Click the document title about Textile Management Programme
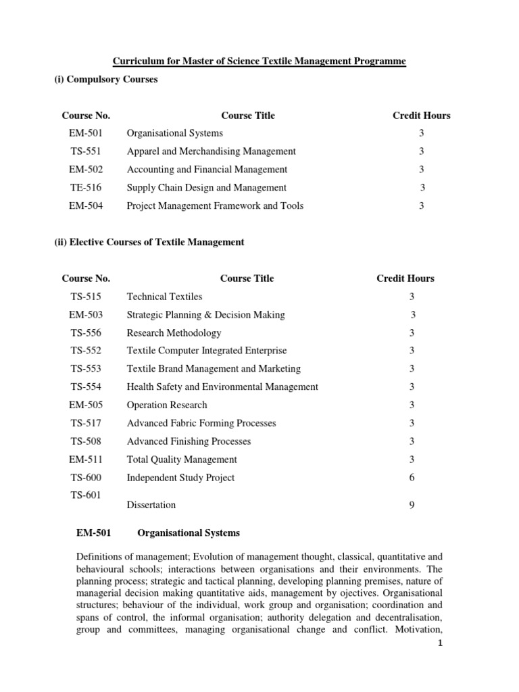coord(259,61)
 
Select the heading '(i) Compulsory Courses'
coord(105,80)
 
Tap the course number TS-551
coord(86,151)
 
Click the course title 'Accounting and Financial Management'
coord(207,170)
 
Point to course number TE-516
coord(86,188)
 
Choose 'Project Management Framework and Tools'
coord(215,205)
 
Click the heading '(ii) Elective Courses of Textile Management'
coord(149,242)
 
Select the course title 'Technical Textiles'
coord(164,297)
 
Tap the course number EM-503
coord(86,315)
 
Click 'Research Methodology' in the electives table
coord(174,333)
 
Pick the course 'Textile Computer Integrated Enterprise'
coord(207,351)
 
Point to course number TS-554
coord(86,387)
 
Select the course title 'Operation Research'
coord(167,405)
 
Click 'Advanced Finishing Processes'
coord(189,441)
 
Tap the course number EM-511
coord(86,460)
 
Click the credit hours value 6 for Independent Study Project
coord(412,478)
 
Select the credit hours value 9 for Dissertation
coord(412,505)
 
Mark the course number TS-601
coord(86,495)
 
